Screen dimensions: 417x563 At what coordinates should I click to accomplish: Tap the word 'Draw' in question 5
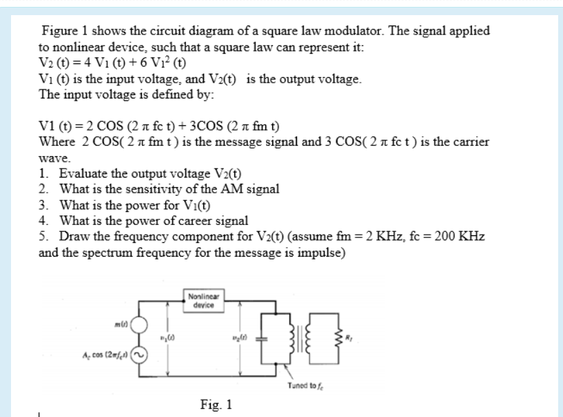[x=72, y=236]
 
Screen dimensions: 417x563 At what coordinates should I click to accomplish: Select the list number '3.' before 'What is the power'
[x=45, y=204]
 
